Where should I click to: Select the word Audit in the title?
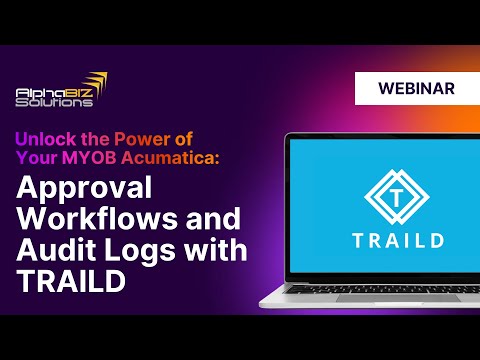pos(53,250)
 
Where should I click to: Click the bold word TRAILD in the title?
pos(69,281)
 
